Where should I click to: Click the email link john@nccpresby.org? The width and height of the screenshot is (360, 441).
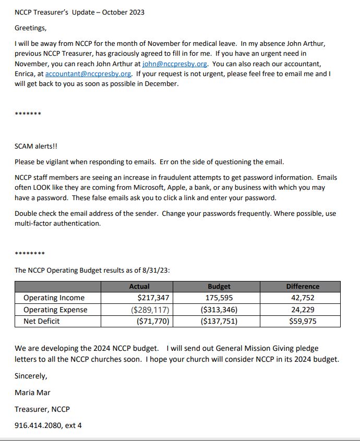coord(175,64)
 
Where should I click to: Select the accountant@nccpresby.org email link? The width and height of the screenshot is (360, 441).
coord(88,73)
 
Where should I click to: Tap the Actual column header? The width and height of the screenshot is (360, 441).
coord(139,286)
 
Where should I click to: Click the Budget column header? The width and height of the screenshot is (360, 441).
coord(219,286)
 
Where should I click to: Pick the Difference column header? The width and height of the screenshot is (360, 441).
coord(303,286)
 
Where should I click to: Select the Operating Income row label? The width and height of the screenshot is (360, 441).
coord(54,298)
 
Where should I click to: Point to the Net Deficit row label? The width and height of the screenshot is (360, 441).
coord(42,321)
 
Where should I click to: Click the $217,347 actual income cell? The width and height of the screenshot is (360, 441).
coord(153,298)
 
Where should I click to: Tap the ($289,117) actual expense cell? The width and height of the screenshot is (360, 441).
coord(151,310)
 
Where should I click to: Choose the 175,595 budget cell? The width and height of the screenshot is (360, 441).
coord(219,298)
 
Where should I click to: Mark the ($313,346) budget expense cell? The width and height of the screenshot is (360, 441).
coord(219,310)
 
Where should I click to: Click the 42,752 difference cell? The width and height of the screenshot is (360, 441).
coord(303,298)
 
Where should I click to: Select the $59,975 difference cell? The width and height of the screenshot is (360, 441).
coord(303,321)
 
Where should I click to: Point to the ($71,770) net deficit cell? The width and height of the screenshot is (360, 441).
coord(153,321)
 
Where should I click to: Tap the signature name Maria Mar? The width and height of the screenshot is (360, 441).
coord(32,393)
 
